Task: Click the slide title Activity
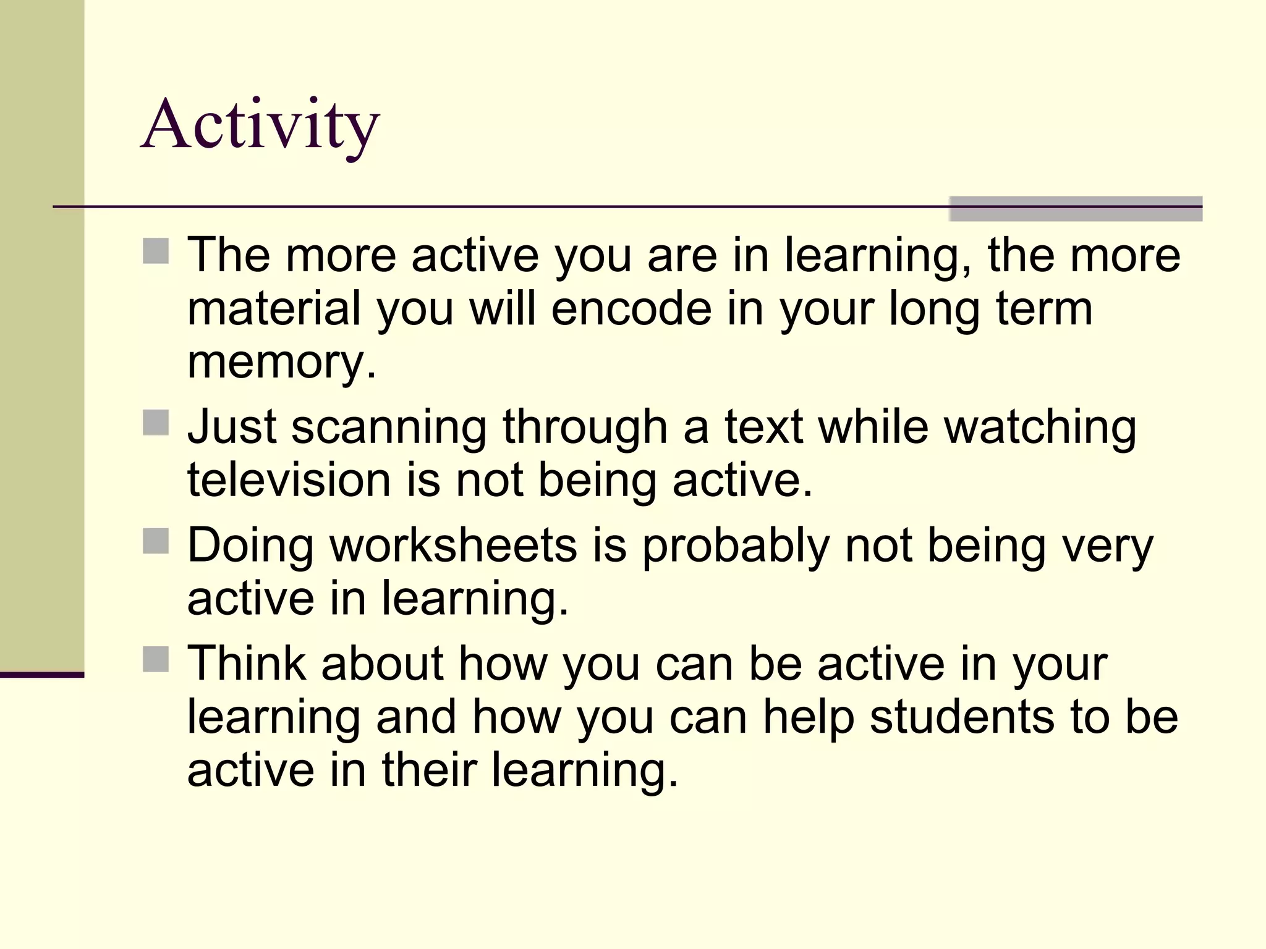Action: pyautogui.click(x=260, y=125)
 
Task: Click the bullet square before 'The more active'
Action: pyautogui.click(x=156, y=251)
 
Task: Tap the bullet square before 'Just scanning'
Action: pyautogui.click(x=156, y=423)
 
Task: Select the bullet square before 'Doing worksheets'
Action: pyautogui.click(x=156, y=541)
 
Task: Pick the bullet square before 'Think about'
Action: pyautogui.click(x=156, y=659)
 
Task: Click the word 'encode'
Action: pyautogui.click(x=631, y=308)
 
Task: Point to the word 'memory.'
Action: pyautogui.click(x=281, y=362)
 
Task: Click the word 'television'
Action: pyautogui.click(x=289, y=480)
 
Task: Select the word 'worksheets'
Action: pyautogui.click(x=453, y=546)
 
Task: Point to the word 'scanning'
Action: pyautogui.click(x=389, y=428)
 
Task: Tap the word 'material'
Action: pyautogui.click(x=274, y=308)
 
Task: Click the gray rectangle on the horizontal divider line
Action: pyautogui.click(x=1075, y=209)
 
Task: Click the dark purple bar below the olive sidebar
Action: pyautogui.click(x=41, y=675)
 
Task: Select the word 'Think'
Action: pyautogui.click(x=247, y=664)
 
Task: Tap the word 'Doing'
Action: pyautogui.click(x=250, y=547)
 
